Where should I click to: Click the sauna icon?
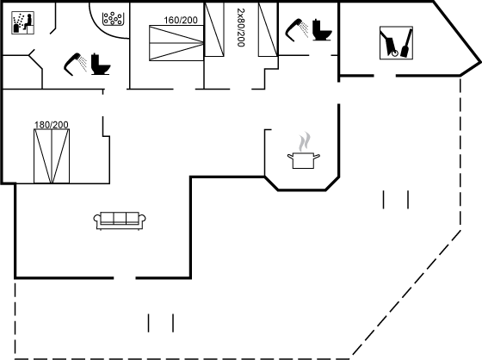22,22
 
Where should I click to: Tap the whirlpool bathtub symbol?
113,18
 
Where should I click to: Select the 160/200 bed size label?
181,20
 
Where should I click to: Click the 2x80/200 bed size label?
241,28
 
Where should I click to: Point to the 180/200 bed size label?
52,125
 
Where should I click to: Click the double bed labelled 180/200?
52,156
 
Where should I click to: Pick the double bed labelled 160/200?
176,43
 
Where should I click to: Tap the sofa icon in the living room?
120,221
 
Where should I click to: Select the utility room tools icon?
396,43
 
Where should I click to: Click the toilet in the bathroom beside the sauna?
101,64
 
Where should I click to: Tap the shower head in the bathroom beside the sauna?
75,64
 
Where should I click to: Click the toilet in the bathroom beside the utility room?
322,29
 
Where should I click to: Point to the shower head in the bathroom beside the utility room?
297,30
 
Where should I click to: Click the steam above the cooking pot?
304,141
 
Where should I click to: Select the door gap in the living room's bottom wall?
125,278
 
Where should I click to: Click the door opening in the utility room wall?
385,76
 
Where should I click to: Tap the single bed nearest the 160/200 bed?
214,29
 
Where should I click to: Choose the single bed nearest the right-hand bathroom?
268,29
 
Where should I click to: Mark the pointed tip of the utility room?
480,63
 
